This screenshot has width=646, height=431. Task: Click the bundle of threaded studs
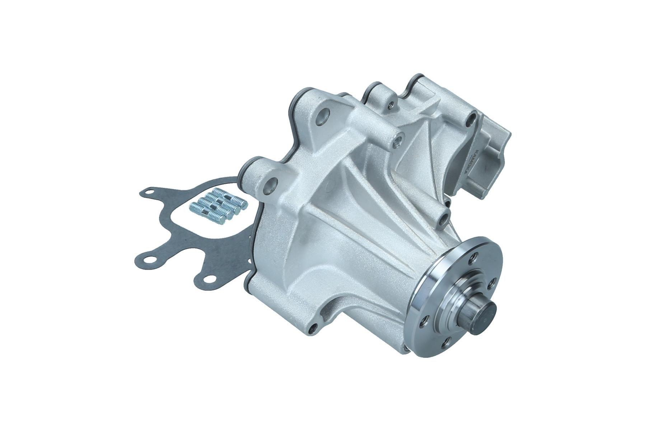217,208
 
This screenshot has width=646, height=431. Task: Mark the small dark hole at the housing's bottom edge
314,327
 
